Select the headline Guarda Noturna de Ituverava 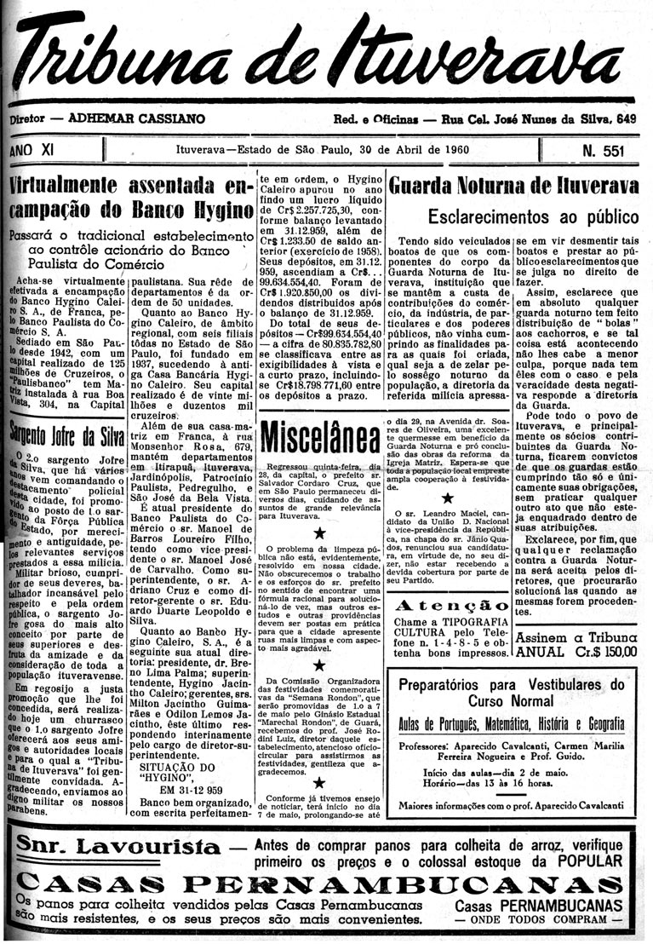click(513, 186)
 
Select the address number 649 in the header click(626, 120)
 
